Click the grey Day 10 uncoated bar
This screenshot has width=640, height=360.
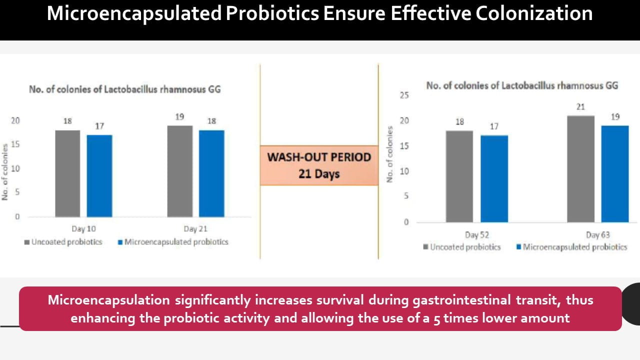click(x=67, y=173)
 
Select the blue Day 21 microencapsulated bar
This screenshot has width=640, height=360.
click(x=211, y=173)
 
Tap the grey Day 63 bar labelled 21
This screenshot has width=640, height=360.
click(x=581, y=169)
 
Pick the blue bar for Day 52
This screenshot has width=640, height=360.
click(x=494, y=179)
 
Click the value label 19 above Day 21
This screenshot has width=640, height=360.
click(x=179, y=117)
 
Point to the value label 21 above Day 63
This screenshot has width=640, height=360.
click(x=580, y=107)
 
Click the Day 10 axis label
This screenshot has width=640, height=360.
click(x=83, y=229)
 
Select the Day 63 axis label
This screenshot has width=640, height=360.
click(x=598, y=235)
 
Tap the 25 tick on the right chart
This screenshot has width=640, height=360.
click(x=404, y=95)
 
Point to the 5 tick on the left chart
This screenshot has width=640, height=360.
click(x=17, y=192)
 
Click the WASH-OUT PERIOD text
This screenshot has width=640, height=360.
click(x=319, y=157)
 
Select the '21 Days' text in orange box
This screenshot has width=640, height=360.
click(x=319, y=174)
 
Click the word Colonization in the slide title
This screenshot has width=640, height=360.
click(x=534, y=13)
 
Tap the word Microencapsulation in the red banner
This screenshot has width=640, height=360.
click(x=109, y=300)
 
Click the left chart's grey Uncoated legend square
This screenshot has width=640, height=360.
click(x=27, y=242)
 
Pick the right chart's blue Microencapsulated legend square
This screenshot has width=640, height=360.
click(x=519, y=247)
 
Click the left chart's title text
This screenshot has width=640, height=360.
click(x=125, y=89)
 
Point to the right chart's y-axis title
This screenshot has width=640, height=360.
click(x=389, y=154)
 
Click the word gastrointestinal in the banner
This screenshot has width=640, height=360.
click(x=461, y=300)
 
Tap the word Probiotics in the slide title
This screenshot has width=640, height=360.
click(x=272, y=13)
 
